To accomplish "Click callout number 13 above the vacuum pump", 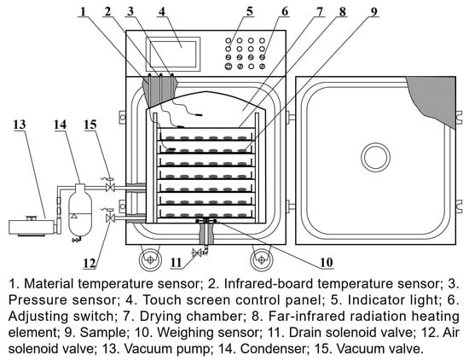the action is click(x=20, y=125).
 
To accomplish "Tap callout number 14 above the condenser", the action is click(x=61, y=125).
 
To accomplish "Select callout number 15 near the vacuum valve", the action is click(x=90, y=125).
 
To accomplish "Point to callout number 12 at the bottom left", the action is click(x=90, y=264).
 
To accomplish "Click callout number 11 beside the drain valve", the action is click(x=176, y=263).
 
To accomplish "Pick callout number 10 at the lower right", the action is click(x=326, y=263).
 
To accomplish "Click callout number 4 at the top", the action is click(x=161, y=11).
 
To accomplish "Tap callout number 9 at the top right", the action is click(x=373, y=11).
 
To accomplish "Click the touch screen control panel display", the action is click(x=173, y=54).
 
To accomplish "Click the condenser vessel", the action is click(x=80, y=210).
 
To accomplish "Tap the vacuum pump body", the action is click(x=32, y=227).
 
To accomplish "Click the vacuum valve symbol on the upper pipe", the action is click(x=110, y=188).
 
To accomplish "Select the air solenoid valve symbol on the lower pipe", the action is click(x=110, y=218).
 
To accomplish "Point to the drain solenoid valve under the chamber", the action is click(x=197, y=253).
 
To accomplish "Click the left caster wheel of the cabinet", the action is click(x=150, y=259).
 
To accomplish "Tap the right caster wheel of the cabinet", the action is click(x=262, y=259).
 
